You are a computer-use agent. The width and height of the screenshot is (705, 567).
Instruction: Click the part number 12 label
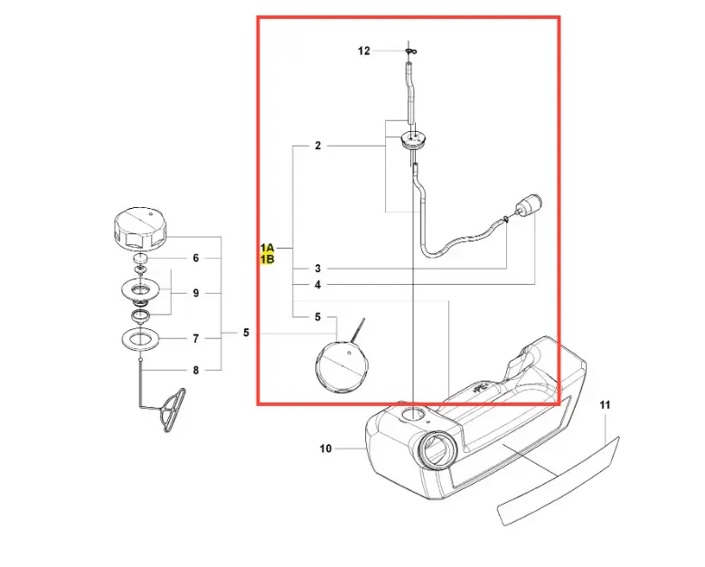click(363, 51)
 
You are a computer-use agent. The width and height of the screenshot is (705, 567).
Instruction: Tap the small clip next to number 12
click(411, 52)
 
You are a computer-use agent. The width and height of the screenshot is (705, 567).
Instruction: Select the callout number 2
click(318, 146)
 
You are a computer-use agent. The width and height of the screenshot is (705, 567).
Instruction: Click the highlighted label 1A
click(267, 248)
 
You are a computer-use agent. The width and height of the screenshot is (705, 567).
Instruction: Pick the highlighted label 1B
click(267, 260)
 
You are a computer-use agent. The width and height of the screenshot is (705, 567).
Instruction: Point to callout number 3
click(318, 269)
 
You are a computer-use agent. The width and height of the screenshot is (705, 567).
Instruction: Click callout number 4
click(318, 285)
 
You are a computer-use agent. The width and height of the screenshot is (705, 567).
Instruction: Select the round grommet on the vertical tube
click(413, 138)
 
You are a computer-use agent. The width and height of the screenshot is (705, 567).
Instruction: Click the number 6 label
click(195, 258)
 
